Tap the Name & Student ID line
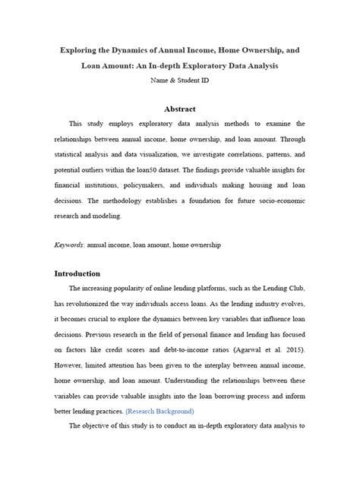pos(180,80)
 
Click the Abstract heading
pos(180,109)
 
